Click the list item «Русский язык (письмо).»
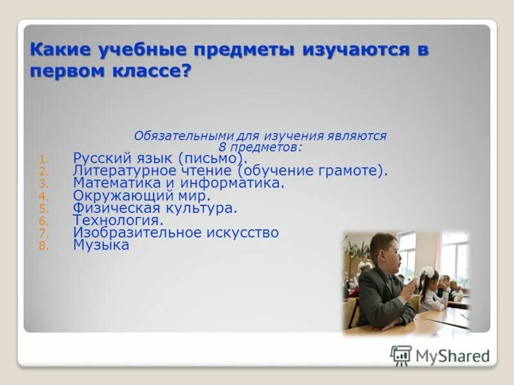pos(160,158)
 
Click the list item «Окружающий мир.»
pos(141,196)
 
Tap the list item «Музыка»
pos(101,244)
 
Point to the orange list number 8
pos(42,246)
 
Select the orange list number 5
pos(42,209)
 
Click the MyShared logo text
pos(452,356)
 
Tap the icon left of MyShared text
pos(401,355)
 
